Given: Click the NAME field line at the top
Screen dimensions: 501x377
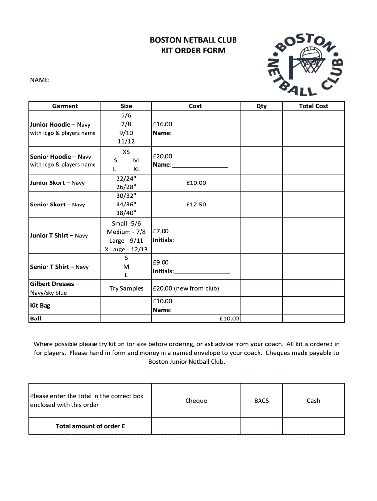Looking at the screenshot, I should tap(107, 81).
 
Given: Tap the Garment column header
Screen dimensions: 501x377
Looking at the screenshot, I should tap(65, 106).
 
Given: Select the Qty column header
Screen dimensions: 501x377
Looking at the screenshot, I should tap(261, 106).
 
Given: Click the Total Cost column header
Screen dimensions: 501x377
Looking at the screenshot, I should tap(313, 106).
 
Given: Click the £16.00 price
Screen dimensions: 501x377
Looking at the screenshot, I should tap(163, 124).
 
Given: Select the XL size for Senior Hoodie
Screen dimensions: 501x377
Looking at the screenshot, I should tap(136, 169).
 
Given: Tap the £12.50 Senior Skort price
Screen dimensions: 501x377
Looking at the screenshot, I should tap(196, 205).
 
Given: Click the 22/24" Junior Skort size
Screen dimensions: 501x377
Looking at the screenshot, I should tap(126, 178).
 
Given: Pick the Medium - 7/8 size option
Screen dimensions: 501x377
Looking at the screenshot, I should tap(126, 232).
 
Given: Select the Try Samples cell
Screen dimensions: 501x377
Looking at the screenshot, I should tap(126, 288).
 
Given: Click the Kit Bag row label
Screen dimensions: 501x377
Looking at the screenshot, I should tap(40, 305).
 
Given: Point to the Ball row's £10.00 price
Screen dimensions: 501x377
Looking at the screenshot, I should tap(229, 319).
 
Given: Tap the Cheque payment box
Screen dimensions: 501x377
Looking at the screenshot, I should tap(196, 400).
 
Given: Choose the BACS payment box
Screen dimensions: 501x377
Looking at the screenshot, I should tap(261, 400).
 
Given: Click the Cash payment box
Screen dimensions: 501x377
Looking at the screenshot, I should tap(313, 400).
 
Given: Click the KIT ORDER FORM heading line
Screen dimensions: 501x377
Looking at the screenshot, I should tap(193, 50).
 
